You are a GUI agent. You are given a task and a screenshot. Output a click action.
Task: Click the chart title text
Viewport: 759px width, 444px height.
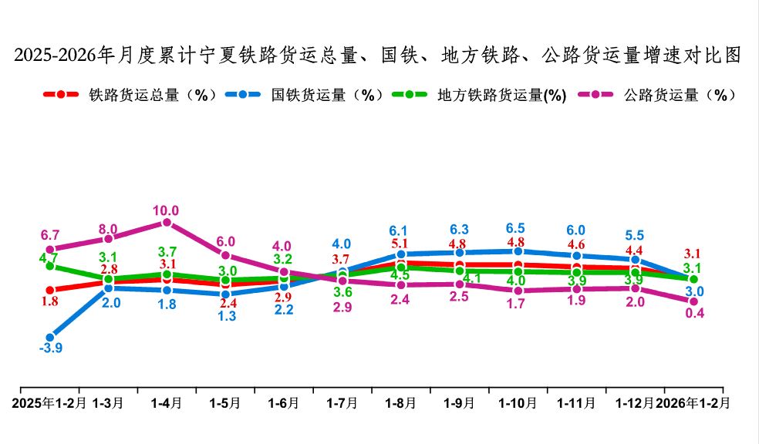click(378, 55)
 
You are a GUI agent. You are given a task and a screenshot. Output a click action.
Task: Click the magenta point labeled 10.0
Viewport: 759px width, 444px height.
click(167, 223)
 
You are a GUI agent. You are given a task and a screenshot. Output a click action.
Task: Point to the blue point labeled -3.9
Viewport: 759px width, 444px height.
click(50, 337)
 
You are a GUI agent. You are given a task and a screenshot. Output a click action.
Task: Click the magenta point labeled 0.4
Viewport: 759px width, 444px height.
click(693, 301)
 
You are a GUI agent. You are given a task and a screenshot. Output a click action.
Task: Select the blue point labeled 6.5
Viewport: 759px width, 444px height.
click(518, 251)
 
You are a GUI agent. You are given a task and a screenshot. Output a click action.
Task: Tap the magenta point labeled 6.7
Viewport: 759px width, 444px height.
click(50, 250)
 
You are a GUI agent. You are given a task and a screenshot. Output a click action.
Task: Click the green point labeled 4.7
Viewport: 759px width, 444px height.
click(50, 266)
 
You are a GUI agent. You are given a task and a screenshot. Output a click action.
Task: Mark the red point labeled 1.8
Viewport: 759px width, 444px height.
click(50, 290)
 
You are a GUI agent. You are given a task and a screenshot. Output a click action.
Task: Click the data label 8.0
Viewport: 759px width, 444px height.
click(108, 229)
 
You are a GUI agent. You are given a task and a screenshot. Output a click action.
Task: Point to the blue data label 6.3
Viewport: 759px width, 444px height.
click(459, 230)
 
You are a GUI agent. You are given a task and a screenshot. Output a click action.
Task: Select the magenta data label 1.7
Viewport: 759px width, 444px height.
click(518, 304)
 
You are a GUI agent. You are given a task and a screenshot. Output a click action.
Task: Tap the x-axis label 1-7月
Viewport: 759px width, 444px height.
click(342, 402)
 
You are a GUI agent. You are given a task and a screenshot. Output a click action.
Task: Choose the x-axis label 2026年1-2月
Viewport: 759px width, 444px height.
click(692, 402)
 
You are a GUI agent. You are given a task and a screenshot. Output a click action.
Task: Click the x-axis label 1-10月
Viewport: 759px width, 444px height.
click(518, 402)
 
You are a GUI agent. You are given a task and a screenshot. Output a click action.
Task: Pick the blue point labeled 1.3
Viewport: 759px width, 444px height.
click(225, 294)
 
